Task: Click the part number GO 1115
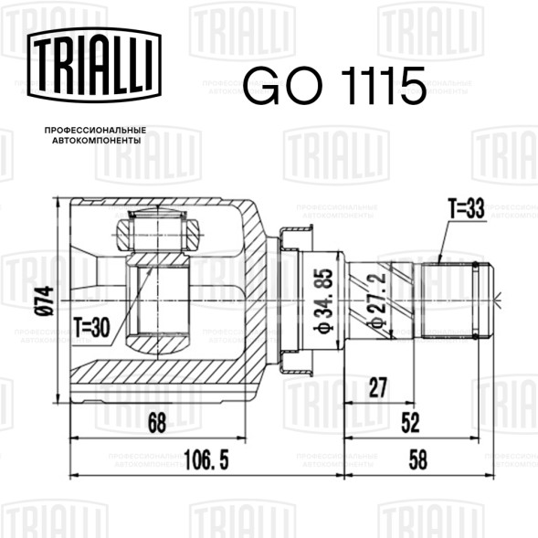coord(335,86)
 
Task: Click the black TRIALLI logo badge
coord(94,65)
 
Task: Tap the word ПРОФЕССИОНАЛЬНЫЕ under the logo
coord(95,131)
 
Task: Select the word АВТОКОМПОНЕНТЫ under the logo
coord(97,141)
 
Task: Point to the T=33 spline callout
coord(466,208)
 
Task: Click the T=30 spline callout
coord(92,328)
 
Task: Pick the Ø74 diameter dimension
coord(45,301)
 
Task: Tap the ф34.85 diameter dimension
coord(323,301)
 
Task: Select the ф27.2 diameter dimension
coord(376,301)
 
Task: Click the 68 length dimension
coord(157,423)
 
